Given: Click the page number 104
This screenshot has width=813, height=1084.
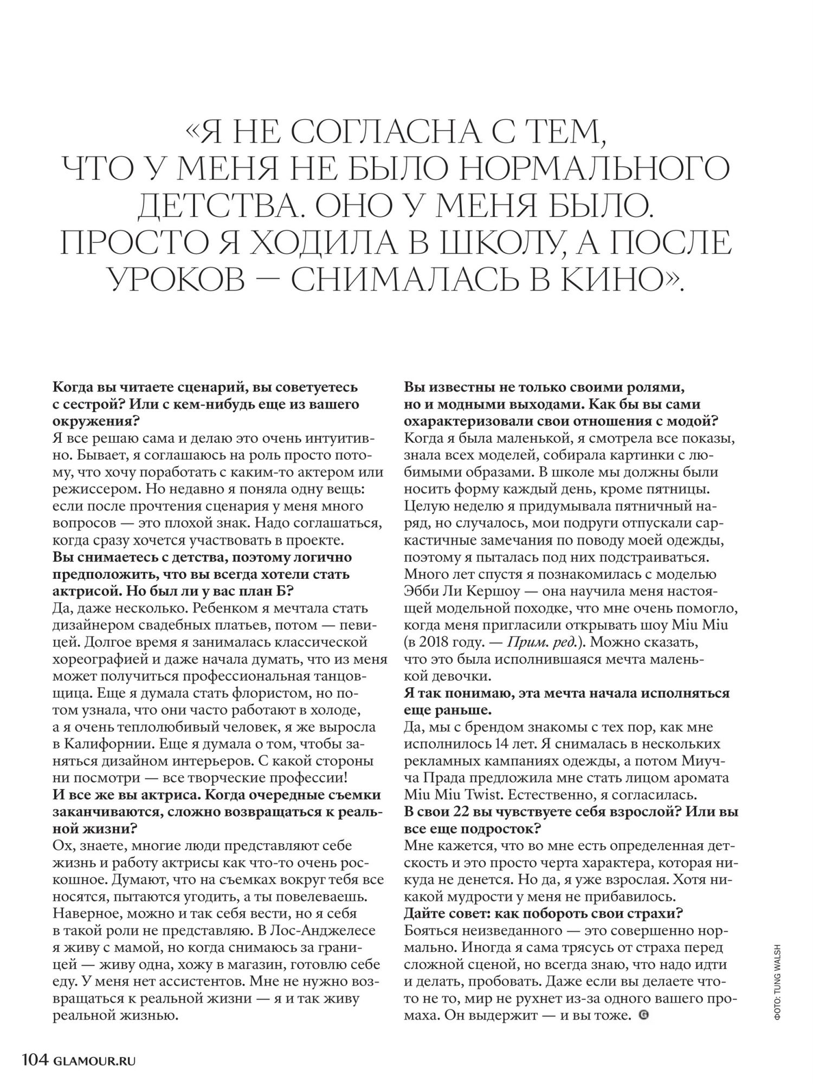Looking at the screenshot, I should click(35, 1056).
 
